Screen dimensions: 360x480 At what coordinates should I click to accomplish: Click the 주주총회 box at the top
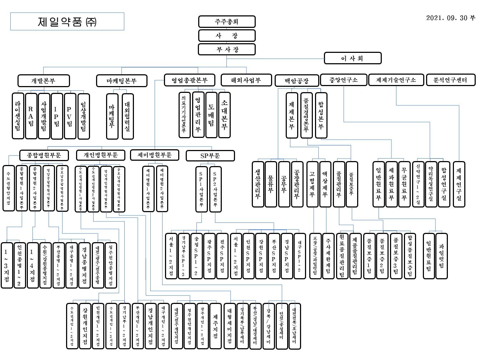click(227, 21)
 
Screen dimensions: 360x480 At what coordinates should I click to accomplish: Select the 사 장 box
click(227, 36)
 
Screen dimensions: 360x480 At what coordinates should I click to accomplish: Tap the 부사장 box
click(227, 49)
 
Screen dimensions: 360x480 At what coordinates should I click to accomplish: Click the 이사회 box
click(352, 58)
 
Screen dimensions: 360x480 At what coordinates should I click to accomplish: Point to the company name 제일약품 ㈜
click(67, 22)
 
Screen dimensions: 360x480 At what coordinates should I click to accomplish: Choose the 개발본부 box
click(44, 81)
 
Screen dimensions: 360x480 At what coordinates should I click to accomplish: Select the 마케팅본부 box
click(122, 81)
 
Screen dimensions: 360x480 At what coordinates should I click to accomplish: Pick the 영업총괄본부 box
click(190, 80)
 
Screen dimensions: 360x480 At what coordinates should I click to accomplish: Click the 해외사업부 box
click(246, 80)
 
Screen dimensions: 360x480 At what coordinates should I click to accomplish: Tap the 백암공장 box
click(297, 81)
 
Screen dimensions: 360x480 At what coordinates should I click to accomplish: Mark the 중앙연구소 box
click(344, 80)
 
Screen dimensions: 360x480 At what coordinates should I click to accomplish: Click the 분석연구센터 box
click(451, 80)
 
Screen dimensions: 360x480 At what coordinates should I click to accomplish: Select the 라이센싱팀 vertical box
click(17, 116)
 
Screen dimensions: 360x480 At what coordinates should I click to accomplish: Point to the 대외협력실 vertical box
click(127, 116)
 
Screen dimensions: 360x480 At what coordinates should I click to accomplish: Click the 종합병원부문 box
click(44, 155)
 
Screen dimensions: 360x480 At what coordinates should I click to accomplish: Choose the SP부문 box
click(210, 156)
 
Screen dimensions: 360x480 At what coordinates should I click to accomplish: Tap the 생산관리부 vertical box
click(258, 184)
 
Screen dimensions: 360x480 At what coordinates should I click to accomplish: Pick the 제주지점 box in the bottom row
click(215, 326)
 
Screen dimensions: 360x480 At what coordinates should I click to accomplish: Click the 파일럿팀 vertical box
click(441, 256)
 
